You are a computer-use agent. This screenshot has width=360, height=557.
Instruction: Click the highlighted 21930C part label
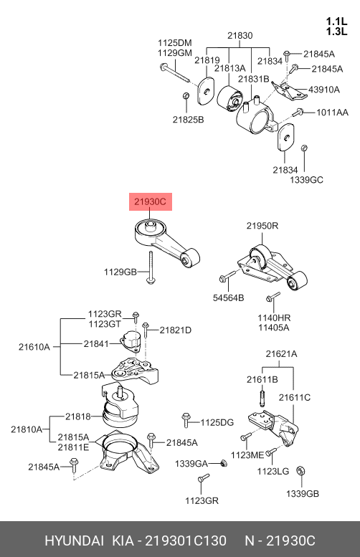[x=151, y=201]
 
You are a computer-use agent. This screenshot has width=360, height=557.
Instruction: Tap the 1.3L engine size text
[x=336, y=32]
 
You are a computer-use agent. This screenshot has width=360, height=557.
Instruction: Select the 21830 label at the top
[x=240, y=36]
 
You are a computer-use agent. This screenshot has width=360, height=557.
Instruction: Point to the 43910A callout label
[x=323, y=90]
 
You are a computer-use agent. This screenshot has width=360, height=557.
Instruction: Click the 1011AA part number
[x=332, y=113]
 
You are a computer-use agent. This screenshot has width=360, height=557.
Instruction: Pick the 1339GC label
[x=307, y=180]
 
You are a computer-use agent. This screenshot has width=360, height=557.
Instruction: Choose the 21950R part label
[x=262, y=226]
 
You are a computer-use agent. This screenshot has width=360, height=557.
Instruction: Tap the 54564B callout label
[x=229, y=297]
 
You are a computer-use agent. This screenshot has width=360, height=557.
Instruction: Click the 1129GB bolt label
[x=120, y=272]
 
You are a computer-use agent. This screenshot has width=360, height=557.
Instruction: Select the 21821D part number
[x=175, y=330]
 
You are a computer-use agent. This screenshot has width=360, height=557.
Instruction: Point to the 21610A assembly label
[x=34, y=347]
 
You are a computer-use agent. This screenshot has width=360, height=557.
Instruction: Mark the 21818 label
[x=78, y=416]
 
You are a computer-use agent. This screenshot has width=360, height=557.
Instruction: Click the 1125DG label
[x=217, y=422]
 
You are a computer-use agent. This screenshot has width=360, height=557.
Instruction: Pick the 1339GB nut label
[x=303, y=494]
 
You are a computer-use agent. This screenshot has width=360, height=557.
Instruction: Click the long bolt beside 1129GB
[x=151, y=268]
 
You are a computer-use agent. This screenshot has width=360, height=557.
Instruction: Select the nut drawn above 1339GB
[x=301, y=471]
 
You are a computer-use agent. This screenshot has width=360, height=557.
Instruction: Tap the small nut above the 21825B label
[x=186, y=96]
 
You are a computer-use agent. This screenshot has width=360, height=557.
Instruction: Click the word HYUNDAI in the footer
[x=75, y=541]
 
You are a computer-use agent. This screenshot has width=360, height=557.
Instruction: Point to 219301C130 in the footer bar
[x=186, y=541]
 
